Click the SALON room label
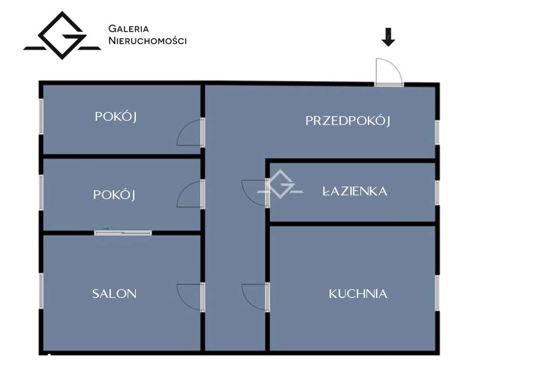(x=114, y=294)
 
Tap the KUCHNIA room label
(x=358, y=294)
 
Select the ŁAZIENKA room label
(x=355, y=191)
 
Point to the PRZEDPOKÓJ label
(x=348, y=121)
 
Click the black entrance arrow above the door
(x=388, y=37)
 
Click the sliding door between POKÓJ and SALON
(x=123, y=232)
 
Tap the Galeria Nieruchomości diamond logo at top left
(x=62, y=36)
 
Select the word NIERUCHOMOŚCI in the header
(x=147, y=41)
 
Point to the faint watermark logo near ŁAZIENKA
(x=280, y=185)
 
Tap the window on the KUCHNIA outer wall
(x=437, y=293)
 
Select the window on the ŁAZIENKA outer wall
(x=437, y=192)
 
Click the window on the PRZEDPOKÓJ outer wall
(x=437, y=132)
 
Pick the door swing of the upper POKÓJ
(x=189, y=133)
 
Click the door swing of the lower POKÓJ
(x=189, y=195)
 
